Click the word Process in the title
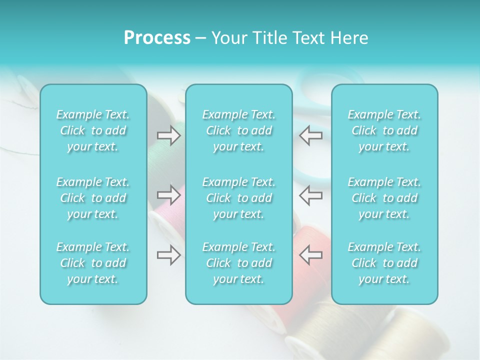[x=157, y=38]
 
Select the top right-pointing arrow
[x=169, y=135]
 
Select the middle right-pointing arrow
[x=169, y=195]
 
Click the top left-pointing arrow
[x=311, y=135]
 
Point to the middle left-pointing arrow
[x=311, y=195]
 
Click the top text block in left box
[x=93, y=130]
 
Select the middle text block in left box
[x=93, y=198]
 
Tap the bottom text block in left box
[x=93, y=263]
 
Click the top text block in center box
[x=239, y=130]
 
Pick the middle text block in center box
[x=239, y=198]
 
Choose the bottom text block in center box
[x=239, y=263]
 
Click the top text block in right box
[x=384, y=130]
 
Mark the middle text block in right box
[x=384, y=198]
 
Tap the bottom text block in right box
[x=384, y=263]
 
